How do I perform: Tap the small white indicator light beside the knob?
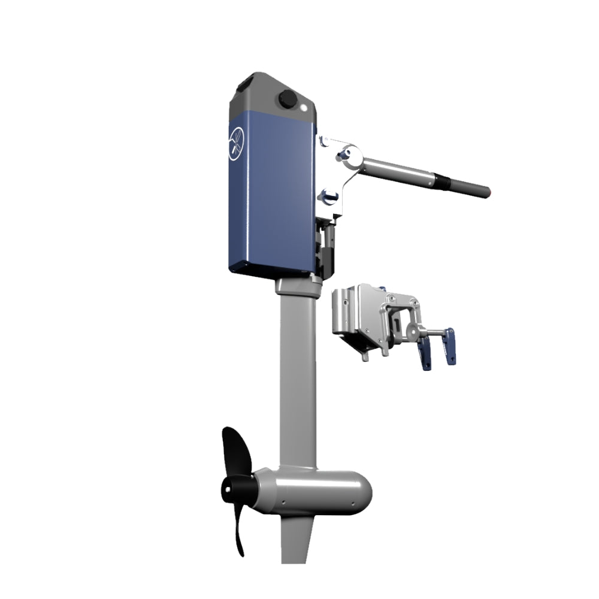307,108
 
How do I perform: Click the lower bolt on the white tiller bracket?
329,194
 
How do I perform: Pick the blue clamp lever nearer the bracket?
427,353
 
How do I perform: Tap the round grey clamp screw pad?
413,330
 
